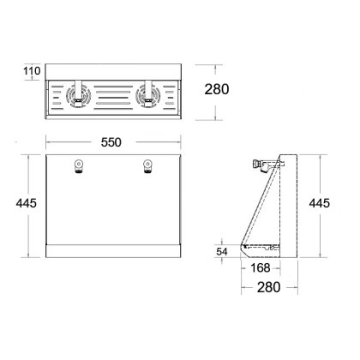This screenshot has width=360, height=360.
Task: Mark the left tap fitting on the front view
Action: [80, 165]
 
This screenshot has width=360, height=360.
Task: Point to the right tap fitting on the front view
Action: [147, 165]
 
